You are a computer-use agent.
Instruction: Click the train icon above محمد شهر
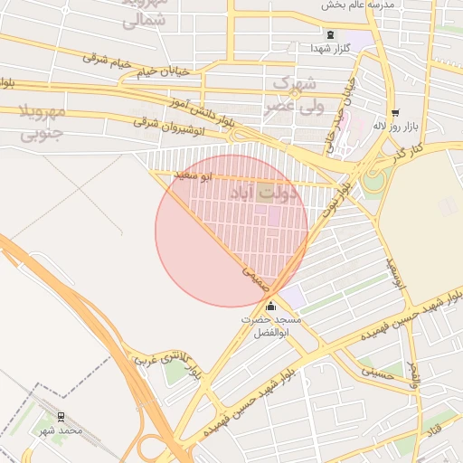coord(61,417)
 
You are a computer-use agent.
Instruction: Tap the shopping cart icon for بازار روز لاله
coord(395,113)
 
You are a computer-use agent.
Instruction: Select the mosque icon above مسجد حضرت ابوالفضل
coord(270,307)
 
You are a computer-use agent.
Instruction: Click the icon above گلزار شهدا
coord(328,34)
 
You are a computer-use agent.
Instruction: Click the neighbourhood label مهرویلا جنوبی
coord(42,124)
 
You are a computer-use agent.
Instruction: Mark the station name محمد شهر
coord(61,430)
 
